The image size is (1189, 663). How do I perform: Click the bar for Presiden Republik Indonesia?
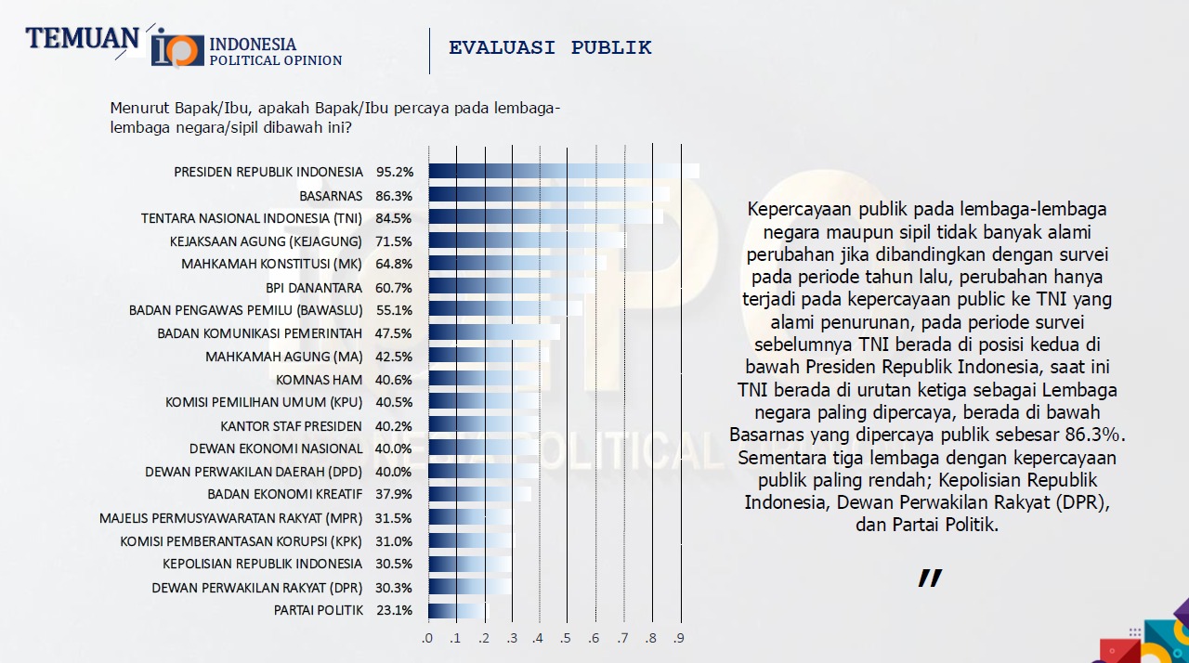[x=563, y=172]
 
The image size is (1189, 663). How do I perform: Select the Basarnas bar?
[x=549, y=195]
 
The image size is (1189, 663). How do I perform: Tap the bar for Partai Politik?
[x=457, y=610]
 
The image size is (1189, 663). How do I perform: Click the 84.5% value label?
[x=394, y=218]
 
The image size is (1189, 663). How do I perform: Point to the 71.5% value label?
[x=394, y=241]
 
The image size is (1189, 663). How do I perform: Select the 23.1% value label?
[x=394, y=610]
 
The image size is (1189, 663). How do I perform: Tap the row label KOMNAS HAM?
[x=319, y=379]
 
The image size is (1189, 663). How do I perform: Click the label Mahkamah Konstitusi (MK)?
[x=271, y=264]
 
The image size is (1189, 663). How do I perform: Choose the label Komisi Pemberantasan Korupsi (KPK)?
[x=241, y=540]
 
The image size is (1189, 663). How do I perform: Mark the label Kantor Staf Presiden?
[x=291, y=425]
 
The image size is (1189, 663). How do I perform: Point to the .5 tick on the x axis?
[x=566, y=638]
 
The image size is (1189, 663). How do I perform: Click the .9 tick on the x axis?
[x=680, y=638]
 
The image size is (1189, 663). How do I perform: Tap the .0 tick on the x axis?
[x=427, y=638]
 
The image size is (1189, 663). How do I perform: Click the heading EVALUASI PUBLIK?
[x=550, y=47]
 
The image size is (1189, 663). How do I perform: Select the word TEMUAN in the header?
[x=82, y=38]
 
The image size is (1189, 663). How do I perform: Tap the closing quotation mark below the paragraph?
[x=929, y=578]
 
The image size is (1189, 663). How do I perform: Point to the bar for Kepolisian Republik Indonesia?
[x=469, y=564]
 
